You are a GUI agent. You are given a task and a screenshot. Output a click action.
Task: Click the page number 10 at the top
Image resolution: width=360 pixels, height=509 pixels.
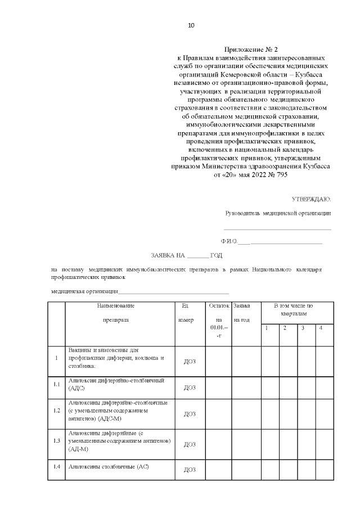(x=191, y=25)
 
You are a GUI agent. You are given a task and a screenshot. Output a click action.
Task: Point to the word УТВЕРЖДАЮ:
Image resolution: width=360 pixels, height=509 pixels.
(x=311, y=199)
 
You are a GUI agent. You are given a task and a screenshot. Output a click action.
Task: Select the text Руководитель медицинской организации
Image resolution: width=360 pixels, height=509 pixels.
(x=278, y=213)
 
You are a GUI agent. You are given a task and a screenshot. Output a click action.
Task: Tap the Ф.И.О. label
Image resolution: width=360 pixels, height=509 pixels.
(x=229, y=241)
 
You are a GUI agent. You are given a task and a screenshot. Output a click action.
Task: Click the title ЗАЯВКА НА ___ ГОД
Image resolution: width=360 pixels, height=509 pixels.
(x=186, y=255)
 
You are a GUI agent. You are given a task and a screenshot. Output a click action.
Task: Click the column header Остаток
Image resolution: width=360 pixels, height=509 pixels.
(x=218, y=306)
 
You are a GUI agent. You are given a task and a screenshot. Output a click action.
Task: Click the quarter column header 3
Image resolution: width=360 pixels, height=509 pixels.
(x=302, y=328)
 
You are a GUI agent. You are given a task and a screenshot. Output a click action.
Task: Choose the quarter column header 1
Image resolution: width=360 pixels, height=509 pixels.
(x=267, y=328)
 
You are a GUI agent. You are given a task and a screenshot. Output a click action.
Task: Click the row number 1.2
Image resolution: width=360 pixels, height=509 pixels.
(x=56, y=411)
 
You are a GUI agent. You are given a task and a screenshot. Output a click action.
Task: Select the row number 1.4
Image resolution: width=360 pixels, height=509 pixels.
(x=56, y=467)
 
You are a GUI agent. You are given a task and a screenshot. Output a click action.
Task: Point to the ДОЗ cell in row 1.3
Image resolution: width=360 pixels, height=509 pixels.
(x=190, y=444)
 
